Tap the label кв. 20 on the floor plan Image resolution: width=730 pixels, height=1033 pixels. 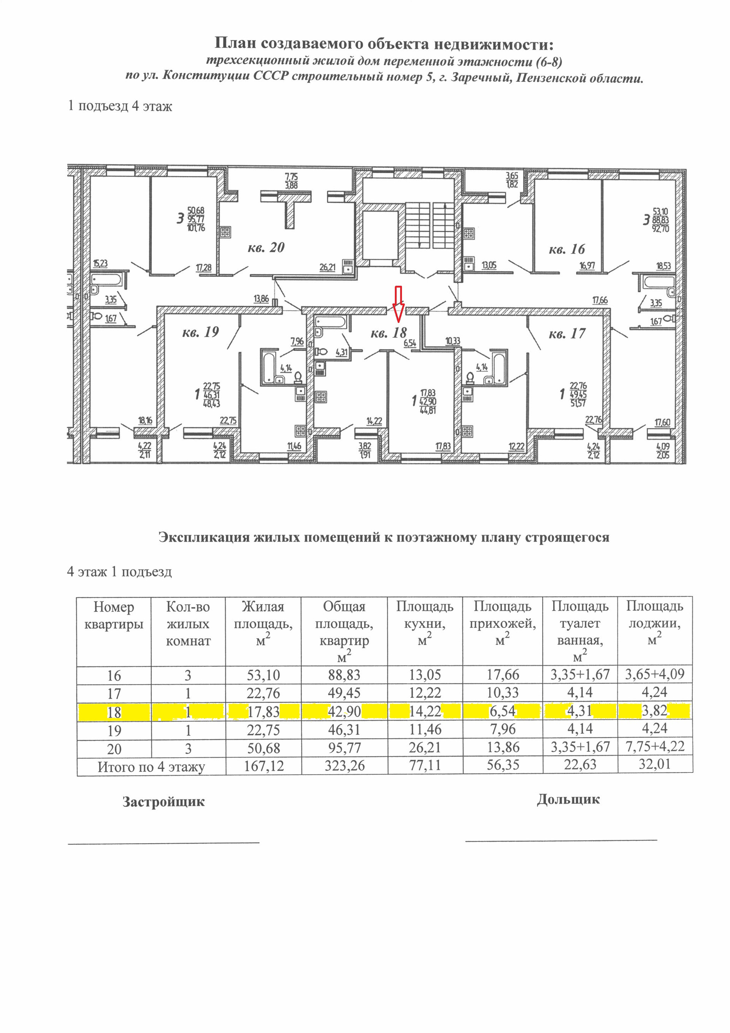[x=266, y=248]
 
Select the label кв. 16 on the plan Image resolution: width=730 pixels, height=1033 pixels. [x=567, y=249]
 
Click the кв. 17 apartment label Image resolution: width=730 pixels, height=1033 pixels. [x=567, y=334]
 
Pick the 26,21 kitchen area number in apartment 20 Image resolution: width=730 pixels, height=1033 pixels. [x=327, y=268]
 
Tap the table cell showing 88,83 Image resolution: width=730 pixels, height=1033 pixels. [x=344, y=675]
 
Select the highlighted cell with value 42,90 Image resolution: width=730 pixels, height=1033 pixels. [x=344, y=712]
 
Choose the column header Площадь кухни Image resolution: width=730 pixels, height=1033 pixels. [x=425, y=623]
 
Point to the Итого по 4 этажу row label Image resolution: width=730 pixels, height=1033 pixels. [x=151, y=767]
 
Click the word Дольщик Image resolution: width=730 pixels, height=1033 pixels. [x=568, y=799]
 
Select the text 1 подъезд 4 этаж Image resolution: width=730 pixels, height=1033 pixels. [x=120, y=106]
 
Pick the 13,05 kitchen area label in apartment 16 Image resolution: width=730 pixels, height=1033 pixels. [x=489, y=265]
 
